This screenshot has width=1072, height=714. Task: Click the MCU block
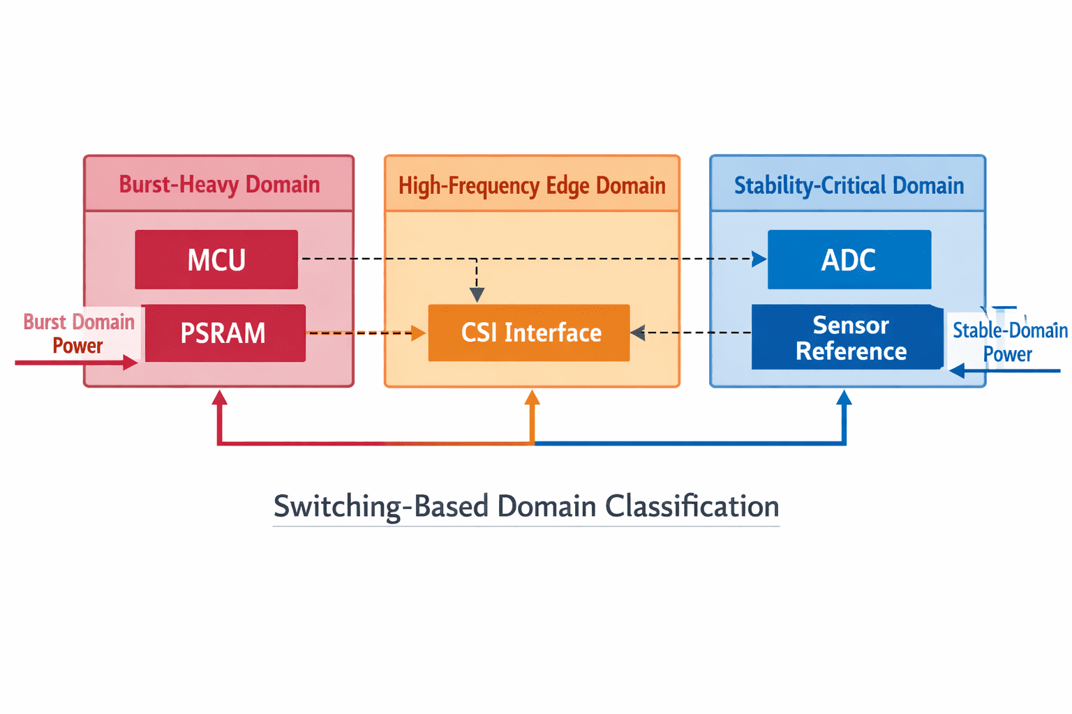pyautogui.click(x=216, y=259)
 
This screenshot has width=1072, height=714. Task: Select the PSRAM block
pyautogui.click(x=225, y=333)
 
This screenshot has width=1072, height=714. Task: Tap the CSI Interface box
pyautogui.click(x=529, y=333)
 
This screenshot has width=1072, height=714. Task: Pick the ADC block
pyautogui.click(x=849, y=259)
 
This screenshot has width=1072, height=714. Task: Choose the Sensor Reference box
pyautogui.click(x=847, y=337)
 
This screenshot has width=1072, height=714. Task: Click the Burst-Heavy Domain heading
pyautogui.click(x=219, y=185)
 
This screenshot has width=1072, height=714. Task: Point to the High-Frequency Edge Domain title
pyautogui.click(x=533, y=185)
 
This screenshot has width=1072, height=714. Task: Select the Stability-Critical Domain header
pyautogui.click(x=849, y=185)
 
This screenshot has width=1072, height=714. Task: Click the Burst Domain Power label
pyautogui.click(x=79, y=334)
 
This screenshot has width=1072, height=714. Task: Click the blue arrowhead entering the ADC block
pyautogui.click(x=759, y=259)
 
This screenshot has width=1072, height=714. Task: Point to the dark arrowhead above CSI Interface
pyautogui.click(x=477, y=294)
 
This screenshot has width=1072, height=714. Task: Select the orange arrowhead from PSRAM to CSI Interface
pyautogui.click(x=418, y=333)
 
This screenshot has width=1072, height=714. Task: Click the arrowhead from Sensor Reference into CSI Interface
pyautogui.click(x=638, y=333)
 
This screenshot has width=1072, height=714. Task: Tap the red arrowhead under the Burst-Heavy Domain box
pyautogui.click(x=219, y=397)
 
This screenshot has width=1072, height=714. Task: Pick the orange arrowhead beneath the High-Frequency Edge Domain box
pyautogui.click(x=533, y=397)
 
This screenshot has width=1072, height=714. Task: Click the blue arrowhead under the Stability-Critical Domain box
pyautogui.click(x=844, y=397)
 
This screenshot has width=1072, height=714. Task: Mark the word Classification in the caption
pyautogui.click(x=692, y=506)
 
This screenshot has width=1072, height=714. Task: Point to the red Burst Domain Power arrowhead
pyautogui.click(x=131, y=363)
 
